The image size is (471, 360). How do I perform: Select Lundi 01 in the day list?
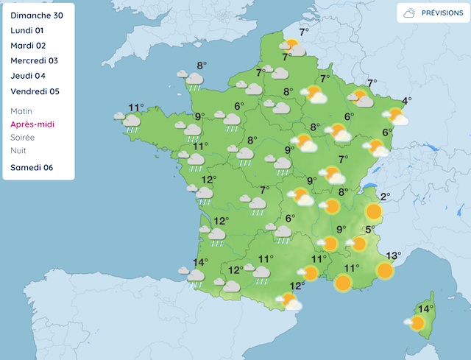tap(29, 30)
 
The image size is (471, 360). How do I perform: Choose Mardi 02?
tap(29, 46)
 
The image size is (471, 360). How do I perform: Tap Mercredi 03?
tap(35, 61)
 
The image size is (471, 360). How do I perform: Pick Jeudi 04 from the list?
tap(29, 77)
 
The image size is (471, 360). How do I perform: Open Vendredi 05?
tap(35, 92)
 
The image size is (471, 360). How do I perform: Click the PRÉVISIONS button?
tap(433, 13)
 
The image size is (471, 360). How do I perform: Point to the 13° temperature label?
tap(393, 256)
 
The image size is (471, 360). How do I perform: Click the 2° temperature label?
tap(385, 197)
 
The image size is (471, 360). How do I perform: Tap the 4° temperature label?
tap(406, 101)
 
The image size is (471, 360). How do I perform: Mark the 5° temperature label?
tap(370, 229)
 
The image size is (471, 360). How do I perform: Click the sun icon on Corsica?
tap(417, 322)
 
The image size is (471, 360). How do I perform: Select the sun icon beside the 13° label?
tap(384, 270)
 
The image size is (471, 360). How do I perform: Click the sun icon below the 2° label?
tap(374, 212)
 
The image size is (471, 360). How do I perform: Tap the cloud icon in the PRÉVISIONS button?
tap(408, 13)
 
